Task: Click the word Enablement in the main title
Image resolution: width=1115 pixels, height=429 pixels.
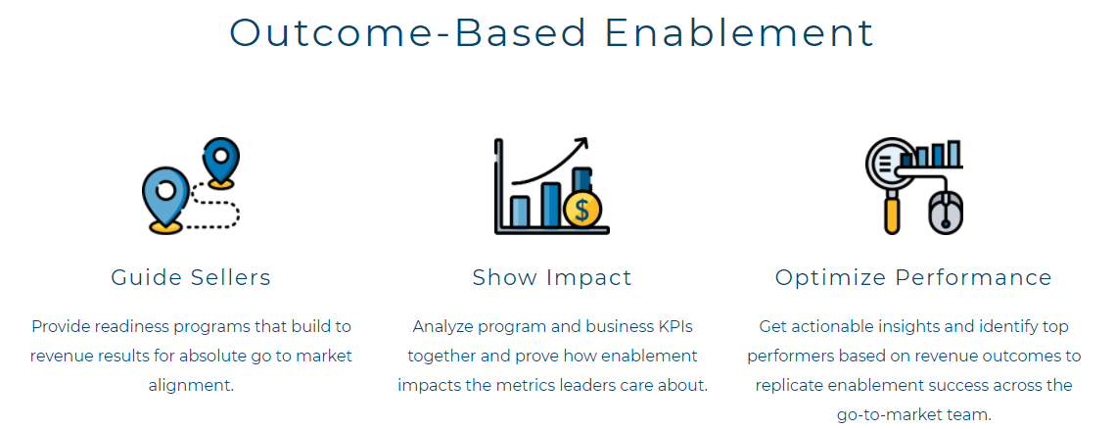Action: coord(739,32)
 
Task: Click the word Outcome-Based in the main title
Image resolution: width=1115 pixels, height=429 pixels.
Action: coord(408,32)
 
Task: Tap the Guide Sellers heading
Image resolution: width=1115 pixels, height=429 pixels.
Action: coord(191,277)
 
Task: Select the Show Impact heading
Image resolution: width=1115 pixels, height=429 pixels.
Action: coord(552,277)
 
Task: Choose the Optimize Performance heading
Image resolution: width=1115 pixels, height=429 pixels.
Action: coord(913,277)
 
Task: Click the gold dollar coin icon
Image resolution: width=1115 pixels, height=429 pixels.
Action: coord(582,210)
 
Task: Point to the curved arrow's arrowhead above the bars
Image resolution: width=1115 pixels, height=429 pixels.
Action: coord(581,144)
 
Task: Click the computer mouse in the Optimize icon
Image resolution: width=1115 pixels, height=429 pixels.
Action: coord(946,213)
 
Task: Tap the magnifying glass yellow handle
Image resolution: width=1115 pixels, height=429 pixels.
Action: coord(892,214)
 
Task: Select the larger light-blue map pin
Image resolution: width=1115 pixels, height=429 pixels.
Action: coord(165,198)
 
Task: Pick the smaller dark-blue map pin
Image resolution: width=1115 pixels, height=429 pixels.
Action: coord(220,162)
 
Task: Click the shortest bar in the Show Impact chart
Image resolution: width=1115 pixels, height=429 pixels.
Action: coord(520,211)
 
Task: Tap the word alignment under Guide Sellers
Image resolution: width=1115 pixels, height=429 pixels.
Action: coord(191,385)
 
